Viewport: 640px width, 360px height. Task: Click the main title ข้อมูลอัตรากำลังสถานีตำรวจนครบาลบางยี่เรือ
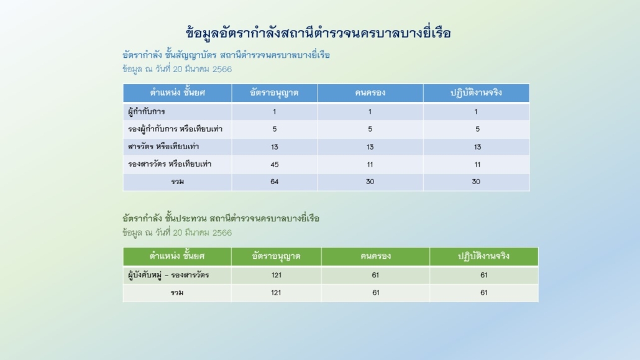click(x=318, y=33)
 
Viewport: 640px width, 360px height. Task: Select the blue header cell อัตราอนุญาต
click(x=274, y=93)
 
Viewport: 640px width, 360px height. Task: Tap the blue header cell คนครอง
click(x=370, y=93)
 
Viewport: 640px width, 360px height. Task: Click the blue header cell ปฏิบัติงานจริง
click(x=477, y=93)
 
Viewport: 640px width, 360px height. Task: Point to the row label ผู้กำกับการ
click(x=147, y=111)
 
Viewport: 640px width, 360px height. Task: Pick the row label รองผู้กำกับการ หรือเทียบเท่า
click(x=175, y=129)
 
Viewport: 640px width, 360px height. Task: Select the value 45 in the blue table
click(x=274, y=164)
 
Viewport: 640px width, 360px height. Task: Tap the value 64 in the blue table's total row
click(x=274, y=182)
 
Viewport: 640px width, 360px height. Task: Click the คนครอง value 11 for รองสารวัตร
click(x=370, y=164)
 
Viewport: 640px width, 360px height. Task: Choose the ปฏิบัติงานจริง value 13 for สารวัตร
click(x=477, y=147)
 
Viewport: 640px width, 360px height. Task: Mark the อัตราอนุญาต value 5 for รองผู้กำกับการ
click(x=274, y=129)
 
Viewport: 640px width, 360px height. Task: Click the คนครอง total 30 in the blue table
click(x=370, y=182)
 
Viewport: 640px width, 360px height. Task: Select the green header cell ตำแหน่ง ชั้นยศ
click(x=177, y=256)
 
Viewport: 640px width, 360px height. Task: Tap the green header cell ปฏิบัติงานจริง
click(x=483, y=256)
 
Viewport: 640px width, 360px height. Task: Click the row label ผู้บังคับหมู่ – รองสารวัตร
click(x=168, y=275)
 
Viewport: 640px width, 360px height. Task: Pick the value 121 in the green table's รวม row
click(x=276, y=293)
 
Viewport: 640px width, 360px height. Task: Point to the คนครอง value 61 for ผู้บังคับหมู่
click(x=375, y=275)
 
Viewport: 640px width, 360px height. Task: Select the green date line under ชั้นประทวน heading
click(x=177, y=233)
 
